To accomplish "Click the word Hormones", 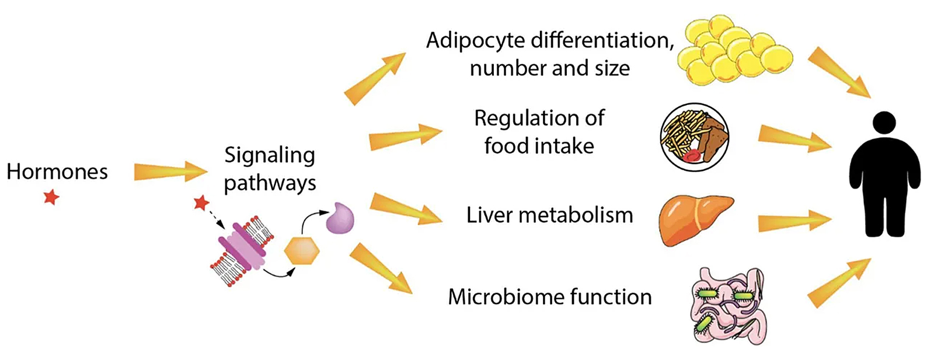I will pos(57,172).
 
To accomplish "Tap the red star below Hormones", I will pos(51,197).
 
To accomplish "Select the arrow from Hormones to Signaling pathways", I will pos(170,172).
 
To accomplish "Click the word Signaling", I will pos(270,156).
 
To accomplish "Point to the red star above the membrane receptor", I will pos(201,203).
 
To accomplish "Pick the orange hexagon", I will pos(302,251).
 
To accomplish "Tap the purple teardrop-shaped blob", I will pos(340,218).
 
